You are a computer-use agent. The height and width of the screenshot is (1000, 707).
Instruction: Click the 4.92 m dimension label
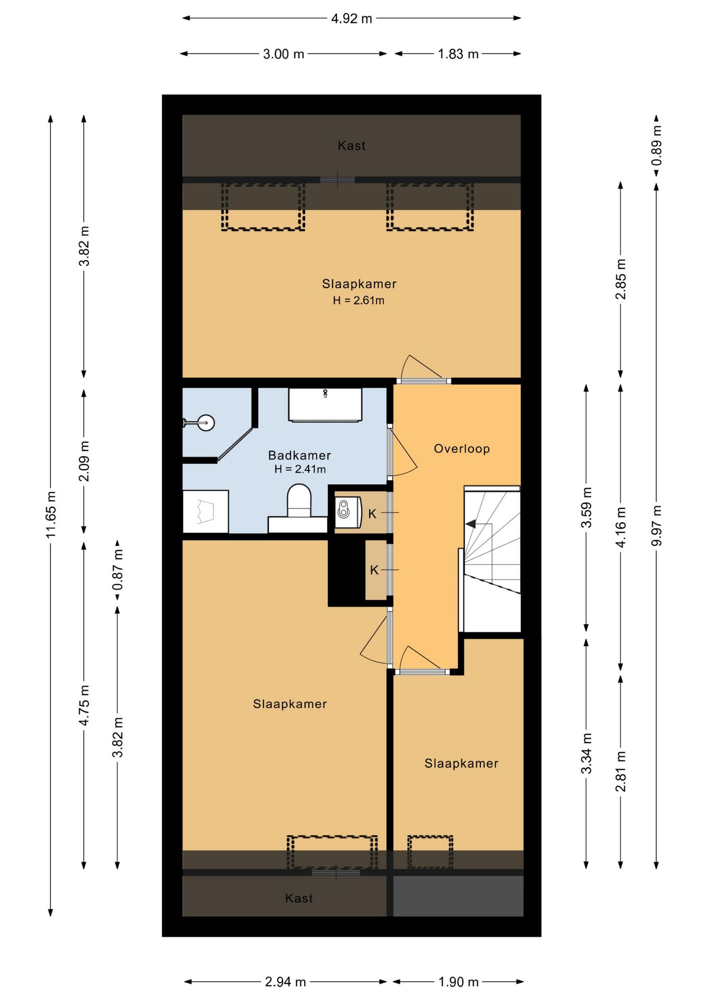click(x=351, y=19)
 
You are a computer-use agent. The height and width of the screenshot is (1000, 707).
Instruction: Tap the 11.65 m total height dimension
click(x=51, y=515)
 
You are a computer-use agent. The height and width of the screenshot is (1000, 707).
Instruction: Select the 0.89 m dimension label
click(x=656, y=145)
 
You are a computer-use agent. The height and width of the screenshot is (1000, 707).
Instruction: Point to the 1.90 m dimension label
click(x=458, y=982)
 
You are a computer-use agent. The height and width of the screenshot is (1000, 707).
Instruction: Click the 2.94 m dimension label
click(x=285, y=982)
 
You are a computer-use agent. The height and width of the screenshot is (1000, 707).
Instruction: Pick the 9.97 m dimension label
click(x=656, y=526)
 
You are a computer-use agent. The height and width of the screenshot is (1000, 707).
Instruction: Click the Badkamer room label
click(x=299, y=455)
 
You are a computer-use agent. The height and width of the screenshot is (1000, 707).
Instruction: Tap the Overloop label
click(x=462, y=448)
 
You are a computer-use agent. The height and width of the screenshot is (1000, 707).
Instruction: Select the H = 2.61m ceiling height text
click(x=359, y=301)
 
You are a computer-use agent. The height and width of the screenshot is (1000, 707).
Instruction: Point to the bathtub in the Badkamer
click(x=325, y=405)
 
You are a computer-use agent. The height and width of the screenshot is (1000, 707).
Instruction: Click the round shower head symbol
click(x=206, y=422)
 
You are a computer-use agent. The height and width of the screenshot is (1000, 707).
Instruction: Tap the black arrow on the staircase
click(x=471, y=524)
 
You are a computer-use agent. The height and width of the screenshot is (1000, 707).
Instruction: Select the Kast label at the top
click(x=351, y=146)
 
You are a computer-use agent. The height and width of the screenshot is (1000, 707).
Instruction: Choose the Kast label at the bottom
click(x=299, y=898)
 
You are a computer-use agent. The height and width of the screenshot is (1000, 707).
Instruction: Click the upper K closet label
click(x=372, y=514)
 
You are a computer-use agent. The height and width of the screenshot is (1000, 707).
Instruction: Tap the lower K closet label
click(x=374, y=570)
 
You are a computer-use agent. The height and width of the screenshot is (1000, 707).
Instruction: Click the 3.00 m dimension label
click(x=283, y=54)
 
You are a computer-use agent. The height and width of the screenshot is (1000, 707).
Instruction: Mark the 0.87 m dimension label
click(x=118, y=570)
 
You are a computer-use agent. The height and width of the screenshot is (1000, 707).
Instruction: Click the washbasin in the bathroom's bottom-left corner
click(x=206, y=511)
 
